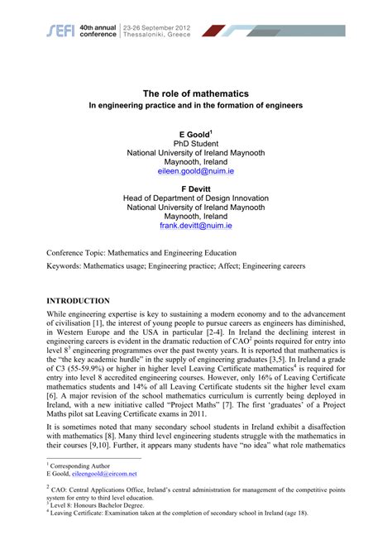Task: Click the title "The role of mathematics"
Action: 195,93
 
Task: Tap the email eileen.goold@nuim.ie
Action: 195,172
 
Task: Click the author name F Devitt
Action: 195,188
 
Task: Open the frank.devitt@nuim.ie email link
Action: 195,225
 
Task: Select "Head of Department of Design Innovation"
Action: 195,198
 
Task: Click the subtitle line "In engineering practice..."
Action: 195,107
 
